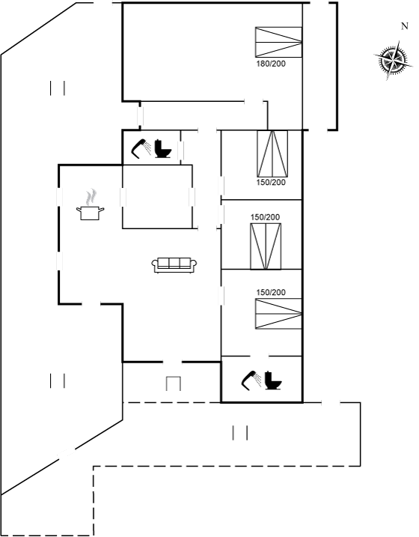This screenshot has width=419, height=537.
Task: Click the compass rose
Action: click(x=392, y=61)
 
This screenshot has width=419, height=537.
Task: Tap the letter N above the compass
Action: click(x=405, y=26)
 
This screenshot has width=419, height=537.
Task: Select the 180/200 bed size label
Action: click(x=271, y=64)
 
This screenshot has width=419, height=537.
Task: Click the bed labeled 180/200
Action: click(x=278, y=42)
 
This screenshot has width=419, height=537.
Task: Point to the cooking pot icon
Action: click(x=90, y=213)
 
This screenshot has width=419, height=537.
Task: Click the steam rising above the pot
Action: click(x=91, y=197)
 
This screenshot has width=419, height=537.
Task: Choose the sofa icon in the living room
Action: click(x=174, y=265)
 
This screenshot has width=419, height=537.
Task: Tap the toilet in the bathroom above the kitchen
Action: click(x=162, y=148)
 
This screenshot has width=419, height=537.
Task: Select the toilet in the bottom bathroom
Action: click(x=273, y=380)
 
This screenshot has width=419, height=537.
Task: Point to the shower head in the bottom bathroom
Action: click(x=251, y=380)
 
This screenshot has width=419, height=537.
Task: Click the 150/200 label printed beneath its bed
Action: click(x=271, y=182)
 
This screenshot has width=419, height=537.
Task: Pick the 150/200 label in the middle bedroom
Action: click(x=265, y=217)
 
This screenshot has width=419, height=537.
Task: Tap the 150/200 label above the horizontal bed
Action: click(x=271, y=292)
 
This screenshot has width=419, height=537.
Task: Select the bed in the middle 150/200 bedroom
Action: click(x=266, y=246)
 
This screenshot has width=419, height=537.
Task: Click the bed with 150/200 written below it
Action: click(x=272, y=154)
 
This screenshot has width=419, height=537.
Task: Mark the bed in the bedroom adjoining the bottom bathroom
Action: click(x=278, y=314)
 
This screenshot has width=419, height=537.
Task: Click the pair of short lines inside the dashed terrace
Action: click(x=239, y=433)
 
